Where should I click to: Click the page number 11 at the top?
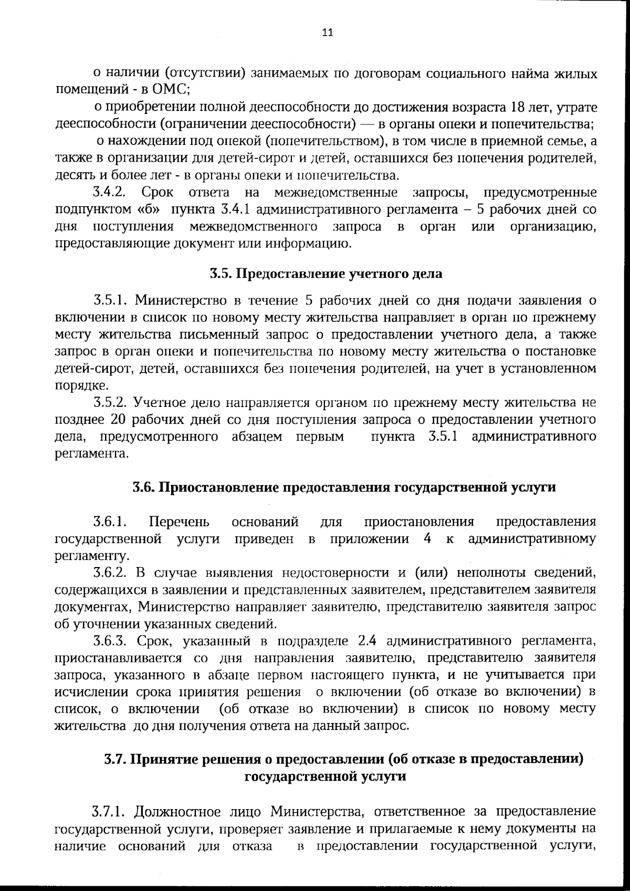point(327,33)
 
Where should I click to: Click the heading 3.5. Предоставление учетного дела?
point(325,274)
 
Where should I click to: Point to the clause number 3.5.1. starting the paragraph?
point(111,300)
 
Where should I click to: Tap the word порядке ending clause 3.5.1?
point(81,385)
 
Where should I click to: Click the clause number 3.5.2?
point(111,403)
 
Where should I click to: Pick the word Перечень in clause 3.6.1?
point(179,522)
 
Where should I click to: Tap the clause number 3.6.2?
point(111,572)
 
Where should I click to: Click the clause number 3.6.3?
point(111,641)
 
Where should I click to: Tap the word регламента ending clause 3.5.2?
point(91,454)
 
